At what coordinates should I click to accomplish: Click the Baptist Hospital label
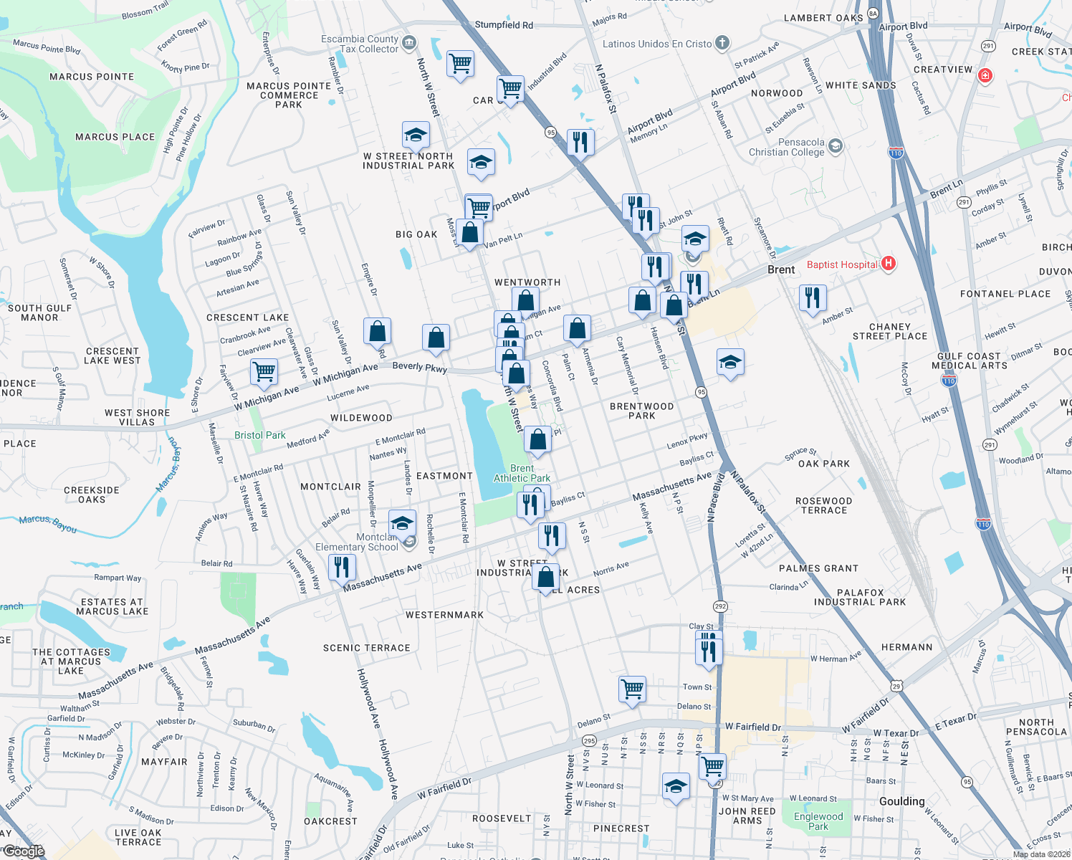pos(842,264)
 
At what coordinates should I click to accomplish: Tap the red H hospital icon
pos(889,264)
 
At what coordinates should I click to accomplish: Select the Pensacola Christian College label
pos(787,147)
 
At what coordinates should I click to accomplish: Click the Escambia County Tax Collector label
pos(360,44)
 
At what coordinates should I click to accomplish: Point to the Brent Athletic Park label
pos(522,473)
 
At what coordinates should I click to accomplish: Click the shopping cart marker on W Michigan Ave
pos(264,371)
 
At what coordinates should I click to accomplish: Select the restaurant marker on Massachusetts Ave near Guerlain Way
pos(342,567)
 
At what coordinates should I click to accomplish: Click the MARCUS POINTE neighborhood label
pos(92,77)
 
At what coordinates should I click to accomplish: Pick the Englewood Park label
pos(818,821)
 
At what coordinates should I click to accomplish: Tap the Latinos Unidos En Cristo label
pos(657,44)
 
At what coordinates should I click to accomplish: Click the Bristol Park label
pos(259,435)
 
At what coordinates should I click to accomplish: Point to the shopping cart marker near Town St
pos(633,689)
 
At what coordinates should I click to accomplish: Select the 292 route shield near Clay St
pos(720,606)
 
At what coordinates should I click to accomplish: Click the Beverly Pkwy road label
pos(419,366)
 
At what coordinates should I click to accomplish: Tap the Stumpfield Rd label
pos(504,25)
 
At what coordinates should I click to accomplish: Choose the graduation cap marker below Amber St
pos(730,363)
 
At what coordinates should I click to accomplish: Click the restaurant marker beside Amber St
pos(813,297)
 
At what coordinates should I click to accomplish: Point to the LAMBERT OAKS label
pos(823,18)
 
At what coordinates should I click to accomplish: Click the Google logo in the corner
pos(24,851)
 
